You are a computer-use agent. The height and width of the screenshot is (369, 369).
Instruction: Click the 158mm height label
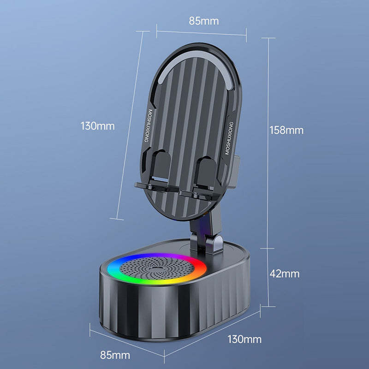point(286,130)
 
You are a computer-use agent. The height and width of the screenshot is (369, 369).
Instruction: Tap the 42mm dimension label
point(284,274)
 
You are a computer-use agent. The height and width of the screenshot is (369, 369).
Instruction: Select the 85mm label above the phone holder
point(203,21)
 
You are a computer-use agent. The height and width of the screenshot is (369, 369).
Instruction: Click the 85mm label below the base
point(115,355)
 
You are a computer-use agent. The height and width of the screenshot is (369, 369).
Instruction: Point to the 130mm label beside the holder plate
point(97,125)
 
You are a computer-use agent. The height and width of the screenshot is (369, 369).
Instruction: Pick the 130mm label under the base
point(244,340)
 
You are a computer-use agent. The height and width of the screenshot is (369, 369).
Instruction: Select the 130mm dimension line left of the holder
point(134,125)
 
